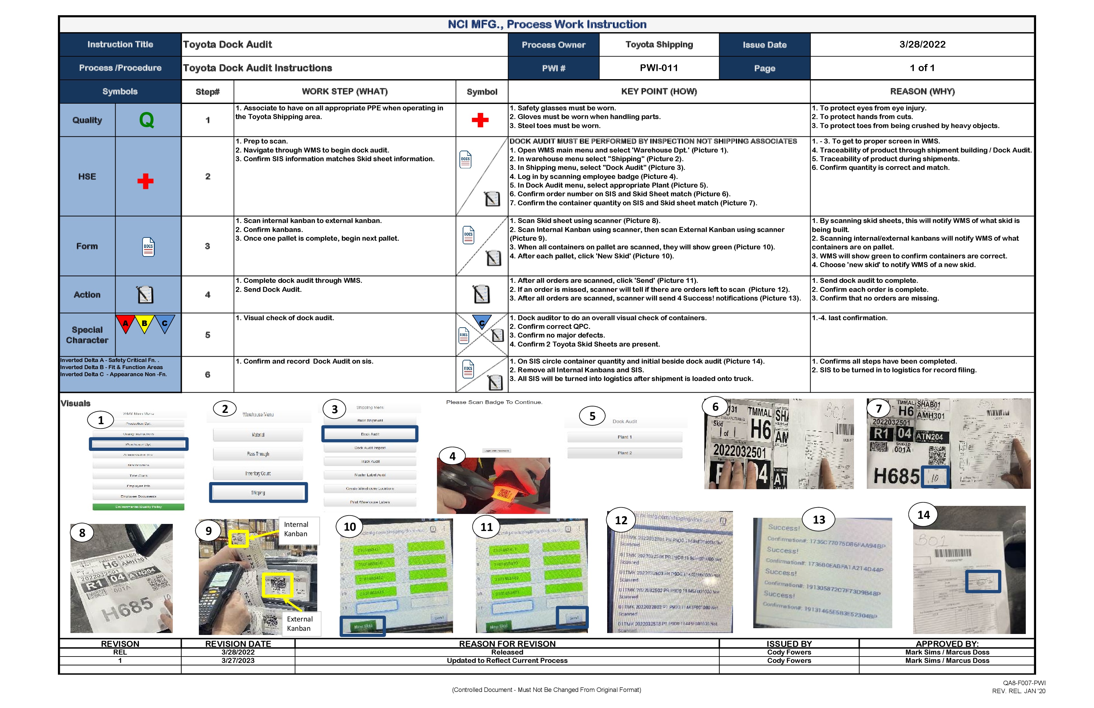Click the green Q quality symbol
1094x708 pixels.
click(x=146, y=120)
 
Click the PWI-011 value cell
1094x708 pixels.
click(x=659, y=68)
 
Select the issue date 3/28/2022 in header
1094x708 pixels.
click(x=922, y=45)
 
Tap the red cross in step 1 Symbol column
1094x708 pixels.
click(x=480, y=120)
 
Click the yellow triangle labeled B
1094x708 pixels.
click(x=144, y=323)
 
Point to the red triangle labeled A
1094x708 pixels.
click(x=125, y=323)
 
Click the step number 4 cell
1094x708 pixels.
click(x=207, y=295)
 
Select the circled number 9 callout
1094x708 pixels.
click(x=208, y=531)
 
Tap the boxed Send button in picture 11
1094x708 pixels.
click(x=572, y=618)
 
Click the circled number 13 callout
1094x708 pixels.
click(x=819, y=519)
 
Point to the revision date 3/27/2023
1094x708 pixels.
click(x=238, y=661)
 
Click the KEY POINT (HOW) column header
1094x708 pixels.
click(x=659, y=91)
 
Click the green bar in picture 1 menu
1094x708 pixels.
click(x=138, y=507)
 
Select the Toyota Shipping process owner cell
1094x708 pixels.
click(x=659, y=45)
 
